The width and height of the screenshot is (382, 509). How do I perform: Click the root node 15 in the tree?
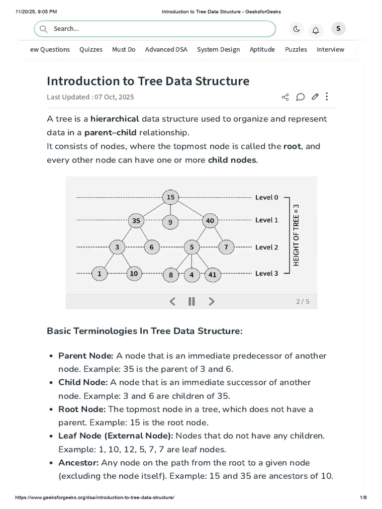coord(171,197)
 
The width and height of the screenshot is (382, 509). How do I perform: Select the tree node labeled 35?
coord(136,220)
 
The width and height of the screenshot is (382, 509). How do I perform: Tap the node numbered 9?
coord(170,222)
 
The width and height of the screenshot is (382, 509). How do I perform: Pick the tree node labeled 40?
coord(210,220)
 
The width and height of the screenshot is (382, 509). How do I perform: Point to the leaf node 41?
coord(212,274)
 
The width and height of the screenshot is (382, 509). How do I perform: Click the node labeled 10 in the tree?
coord(134,273)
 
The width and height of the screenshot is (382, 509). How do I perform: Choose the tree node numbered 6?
coord(151,247)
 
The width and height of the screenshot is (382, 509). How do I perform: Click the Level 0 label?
coord(267,197)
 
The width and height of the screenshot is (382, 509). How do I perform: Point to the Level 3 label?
coord(267,273)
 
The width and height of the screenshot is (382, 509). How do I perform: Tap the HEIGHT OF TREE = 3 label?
coord(296,235)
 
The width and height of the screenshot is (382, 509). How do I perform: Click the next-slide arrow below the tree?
coord(211,301)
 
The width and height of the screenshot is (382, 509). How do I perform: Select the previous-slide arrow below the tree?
coord(173,301)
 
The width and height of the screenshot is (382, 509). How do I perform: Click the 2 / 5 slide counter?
coord(302,301)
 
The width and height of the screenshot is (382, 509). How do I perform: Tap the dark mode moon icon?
coord(296,29)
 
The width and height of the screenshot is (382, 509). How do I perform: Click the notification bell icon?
coord(315,30)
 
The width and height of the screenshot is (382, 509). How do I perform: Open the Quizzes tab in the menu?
coord(91,49)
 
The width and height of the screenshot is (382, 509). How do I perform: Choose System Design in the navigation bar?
coord(218,49)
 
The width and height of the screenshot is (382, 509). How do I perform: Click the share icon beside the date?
coord(285,97)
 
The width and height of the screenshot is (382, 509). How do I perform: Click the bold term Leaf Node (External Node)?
coord(116,436)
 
